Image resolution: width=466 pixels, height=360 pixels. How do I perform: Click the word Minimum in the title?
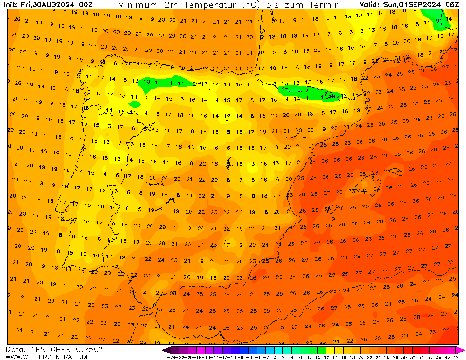click(138, 5)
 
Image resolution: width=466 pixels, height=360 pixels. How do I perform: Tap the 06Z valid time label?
click(451, 5)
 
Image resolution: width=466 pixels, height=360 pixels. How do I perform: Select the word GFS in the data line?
click(41, 349)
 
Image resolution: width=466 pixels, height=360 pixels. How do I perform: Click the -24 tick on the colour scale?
click(171, 357)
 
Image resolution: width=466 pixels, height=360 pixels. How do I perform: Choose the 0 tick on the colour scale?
click(275, 357)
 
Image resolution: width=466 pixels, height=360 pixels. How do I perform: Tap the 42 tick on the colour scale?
click(456, 357)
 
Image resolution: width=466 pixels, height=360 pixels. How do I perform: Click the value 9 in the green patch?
click(438, 21)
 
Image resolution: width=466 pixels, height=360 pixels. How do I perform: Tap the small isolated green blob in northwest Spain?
click(135, 103)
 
